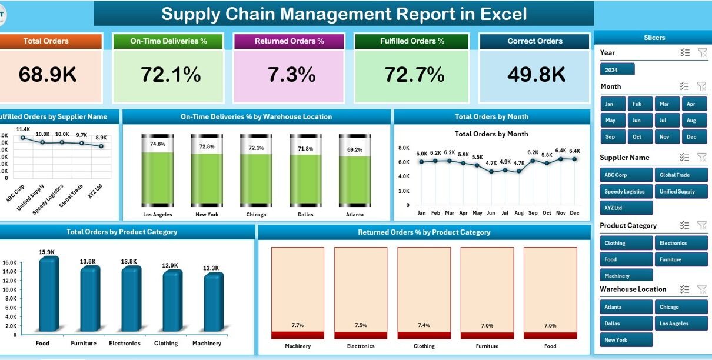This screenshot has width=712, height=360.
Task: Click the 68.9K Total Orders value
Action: tap(48, 75)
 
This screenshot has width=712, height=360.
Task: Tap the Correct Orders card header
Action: tap(534, 41)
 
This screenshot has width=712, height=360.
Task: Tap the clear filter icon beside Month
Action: tap(701, 86)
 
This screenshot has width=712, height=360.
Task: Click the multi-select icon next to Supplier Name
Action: tap(684, 157)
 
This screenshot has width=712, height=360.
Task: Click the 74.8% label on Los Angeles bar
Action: tap(157, 144)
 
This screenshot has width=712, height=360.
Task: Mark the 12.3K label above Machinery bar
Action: tap(211, 268)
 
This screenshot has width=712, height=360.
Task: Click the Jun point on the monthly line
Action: tap(491, 172)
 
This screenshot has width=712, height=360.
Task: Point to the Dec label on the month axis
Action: tap(575, 212)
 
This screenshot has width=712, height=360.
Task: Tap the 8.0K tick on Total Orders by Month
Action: tap(404, 148)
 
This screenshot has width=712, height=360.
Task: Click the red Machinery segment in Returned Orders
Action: tap(297, 335)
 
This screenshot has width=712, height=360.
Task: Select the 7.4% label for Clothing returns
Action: tap(424, 325)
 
